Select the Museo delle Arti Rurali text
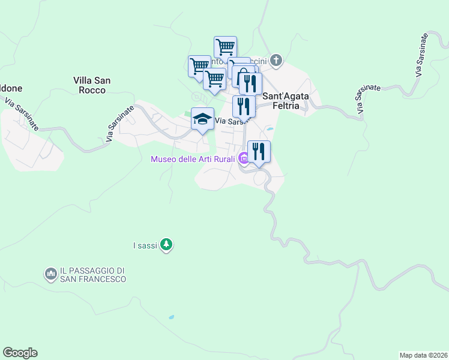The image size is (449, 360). pyautogui.click(x=193, y=159)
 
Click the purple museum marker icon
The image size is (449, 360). pyautogui.click(x=243, y=159)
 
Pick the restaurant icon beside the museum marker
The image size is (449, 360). pyautogui.click(x=259, y=151)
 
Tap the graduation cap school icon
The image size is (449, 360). pyautogui.click(x=203, y=118)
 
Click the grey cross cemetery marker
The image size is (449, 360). pyautogui.click(x=276, y=60)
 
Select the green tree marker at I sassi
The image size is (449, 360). pyautogui.click(x=167, y=245)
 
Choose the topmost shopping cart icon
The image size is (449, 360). pyautogui.click(x=225, y=46)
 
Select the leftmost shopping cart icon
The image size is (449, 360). pyautogui.click(x=199, y=65)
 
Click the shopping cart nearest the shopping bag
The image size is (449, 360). pyautogui.click(x=214, y=79)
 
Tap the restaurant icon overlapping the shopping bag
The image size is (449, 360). pyautogui.click(x=251, y=83)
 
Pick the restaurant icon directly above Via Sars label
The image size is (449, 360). pyautogui.click(x=244, y=106)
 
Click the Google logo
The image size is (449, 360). pyautogui.click(x=20, y=353)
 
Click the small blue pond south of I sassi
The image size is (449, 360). pyautogui.click(x=172, y=317)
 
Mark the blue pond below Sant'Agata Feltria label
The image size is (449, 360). pyautogui.click(x=270, y=128)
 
